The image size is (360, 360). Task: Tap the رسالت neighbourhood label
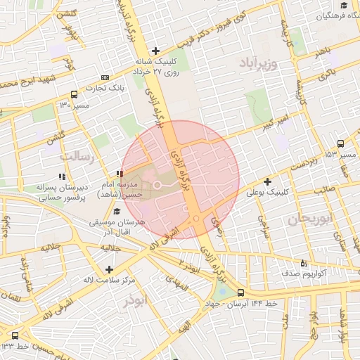tap(77, 156)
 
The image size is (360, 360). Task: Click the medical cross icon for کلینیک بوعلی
tap(268, 182)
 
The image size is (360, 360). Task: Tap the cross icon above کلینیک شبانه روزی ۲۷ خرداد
tap(155, 51)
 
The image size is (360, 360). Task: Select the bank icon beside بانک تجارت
tap(105, 77)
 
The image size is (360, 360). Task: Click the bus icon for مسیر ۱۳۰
tap(75, 94)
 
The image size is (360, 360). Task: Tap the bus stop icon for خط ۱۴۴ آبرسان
tap(241, 292)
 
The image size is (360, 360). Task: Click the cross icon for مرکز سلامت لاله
tap(108, 269)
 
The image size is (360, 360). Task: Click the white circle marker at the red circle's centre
tap(157, 184)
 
